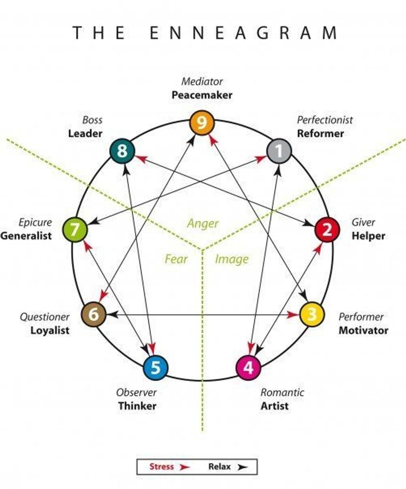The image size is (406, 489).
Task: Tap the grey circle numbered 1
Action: [x=279, y=151]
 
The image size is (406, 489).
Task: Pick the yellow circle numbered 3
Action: [x=312, y=314]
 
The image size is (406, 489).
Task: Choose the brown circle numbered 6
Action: [x=94, y=315]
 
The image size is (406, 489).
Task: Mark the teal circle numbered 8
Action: [x=122, y=151]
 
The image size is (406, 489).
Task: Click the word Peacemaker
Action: [x=202, y=95]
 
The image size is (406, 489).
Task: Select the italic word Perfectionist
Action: [x=325, y=120]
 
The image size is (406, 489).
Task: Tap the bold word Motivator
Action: [x=363, y=331]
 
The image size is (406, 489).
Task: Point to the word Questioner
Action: [x=45, y=317]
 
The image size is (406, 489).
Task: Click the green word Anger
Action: [x=203, y=224]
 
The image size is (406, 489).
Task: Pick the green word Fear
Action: [x=176, y=260]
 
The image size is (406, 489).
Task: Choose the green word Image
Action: [x=232, y=260]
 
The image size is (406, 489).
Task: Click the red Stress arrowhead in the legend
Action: [x=184, y=467]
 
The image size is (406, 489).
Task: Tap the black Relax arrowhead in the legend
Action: [x=242, y=467]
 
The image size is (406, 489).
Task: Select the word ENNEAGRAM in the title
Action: [x=243, y=33]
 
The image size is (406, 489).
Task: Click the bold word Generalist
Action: [x=26, y=236]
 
